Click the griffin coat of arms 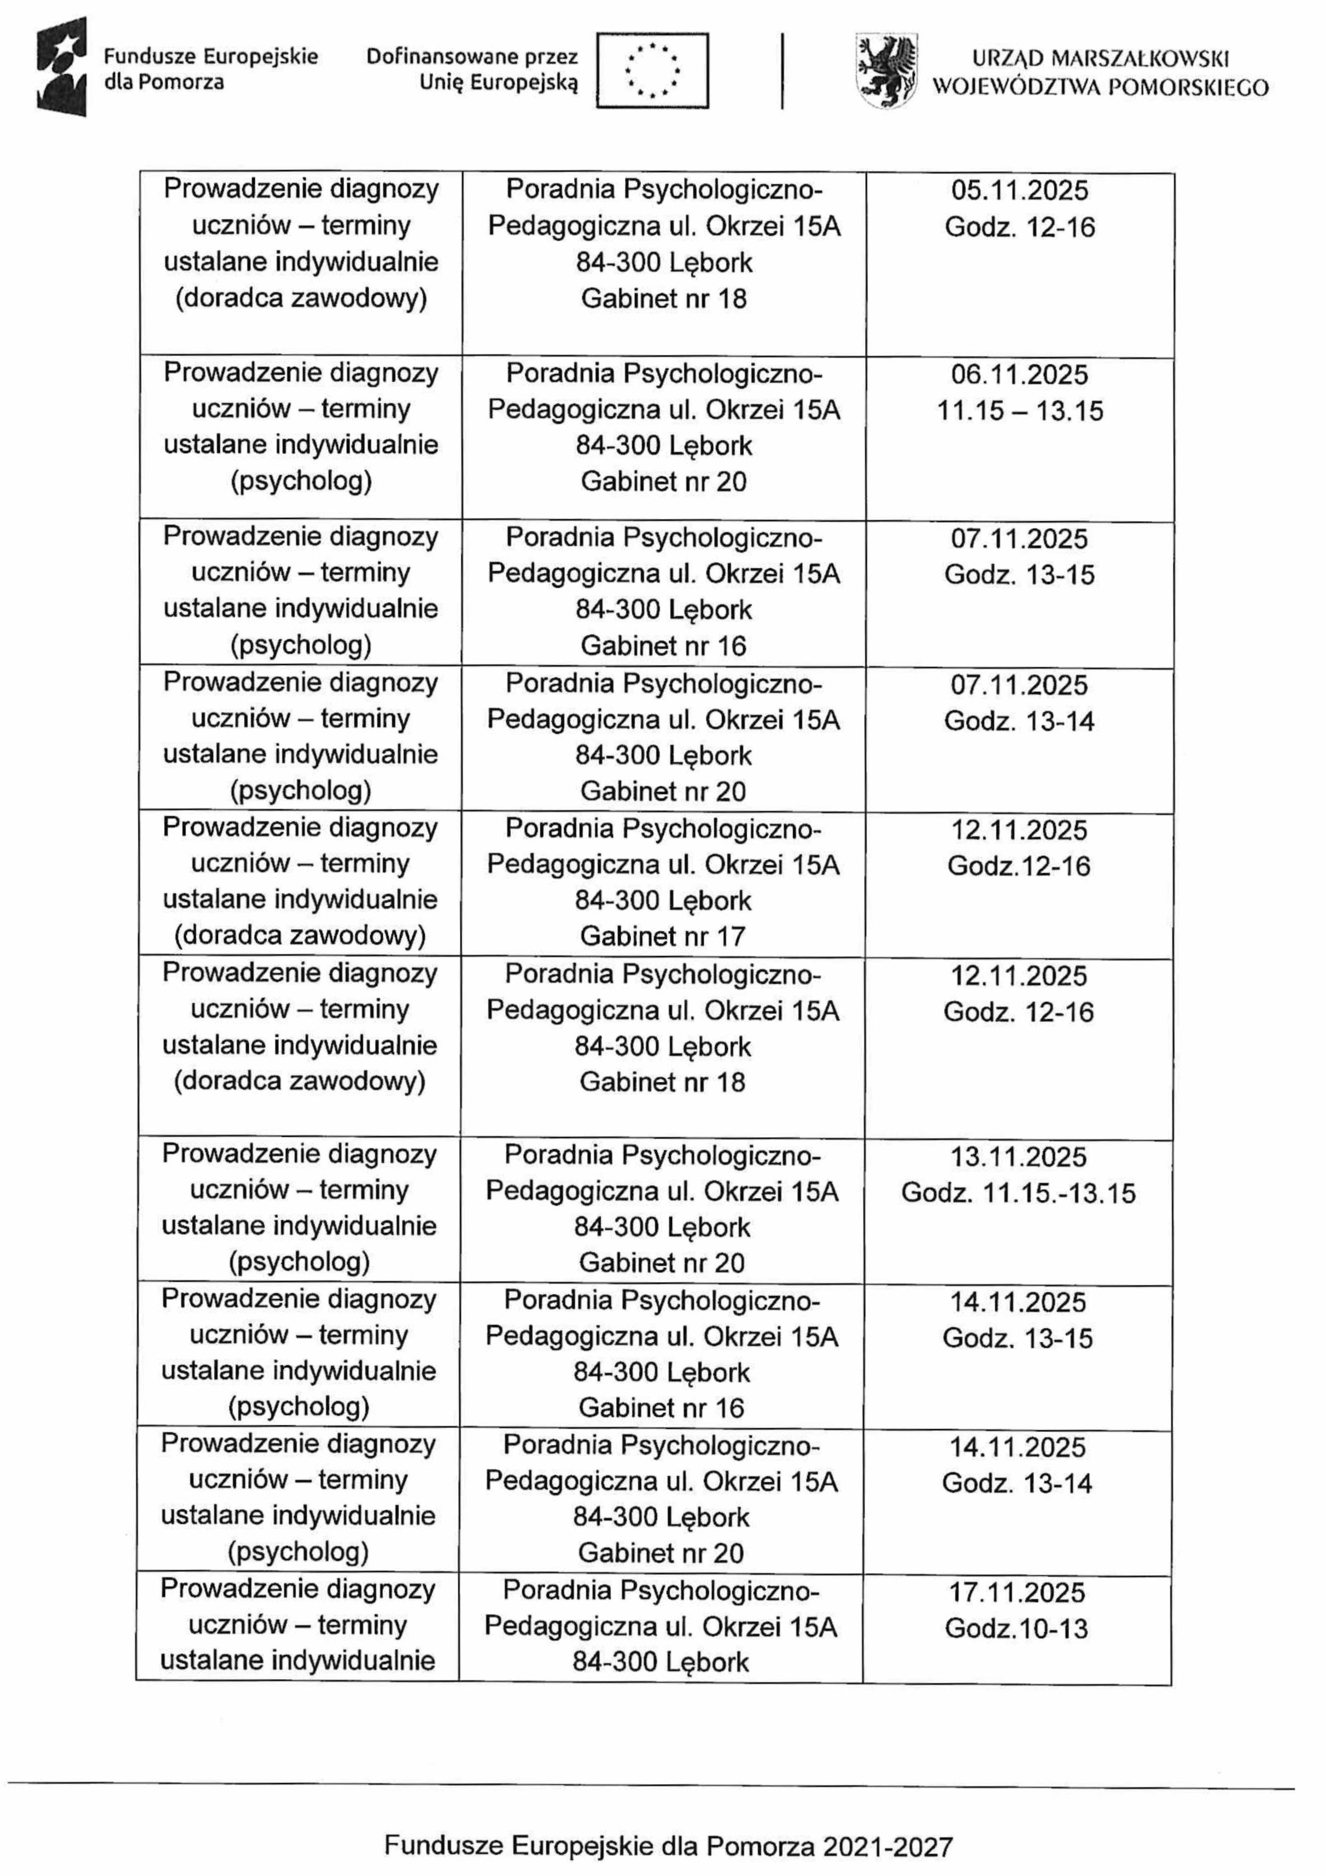886,71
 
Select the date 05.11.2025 1020,190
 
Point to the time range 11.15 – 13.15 1020,410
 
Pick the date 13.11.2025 1018,1157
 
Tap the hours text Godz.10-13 1017,1628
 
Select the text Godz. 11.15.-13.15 1018,1193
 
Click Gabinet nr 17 663,937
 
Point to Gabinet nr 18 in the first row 663,298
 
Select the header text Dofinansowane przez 471,56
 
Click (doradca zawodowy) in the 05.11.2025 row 301,298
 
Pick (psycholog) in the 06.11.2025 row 301,481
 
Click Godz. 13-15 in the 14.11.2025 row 1017,1339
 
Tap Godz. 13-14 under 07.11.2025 1019,721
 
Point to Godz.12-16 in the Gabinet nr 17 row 1019,866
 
